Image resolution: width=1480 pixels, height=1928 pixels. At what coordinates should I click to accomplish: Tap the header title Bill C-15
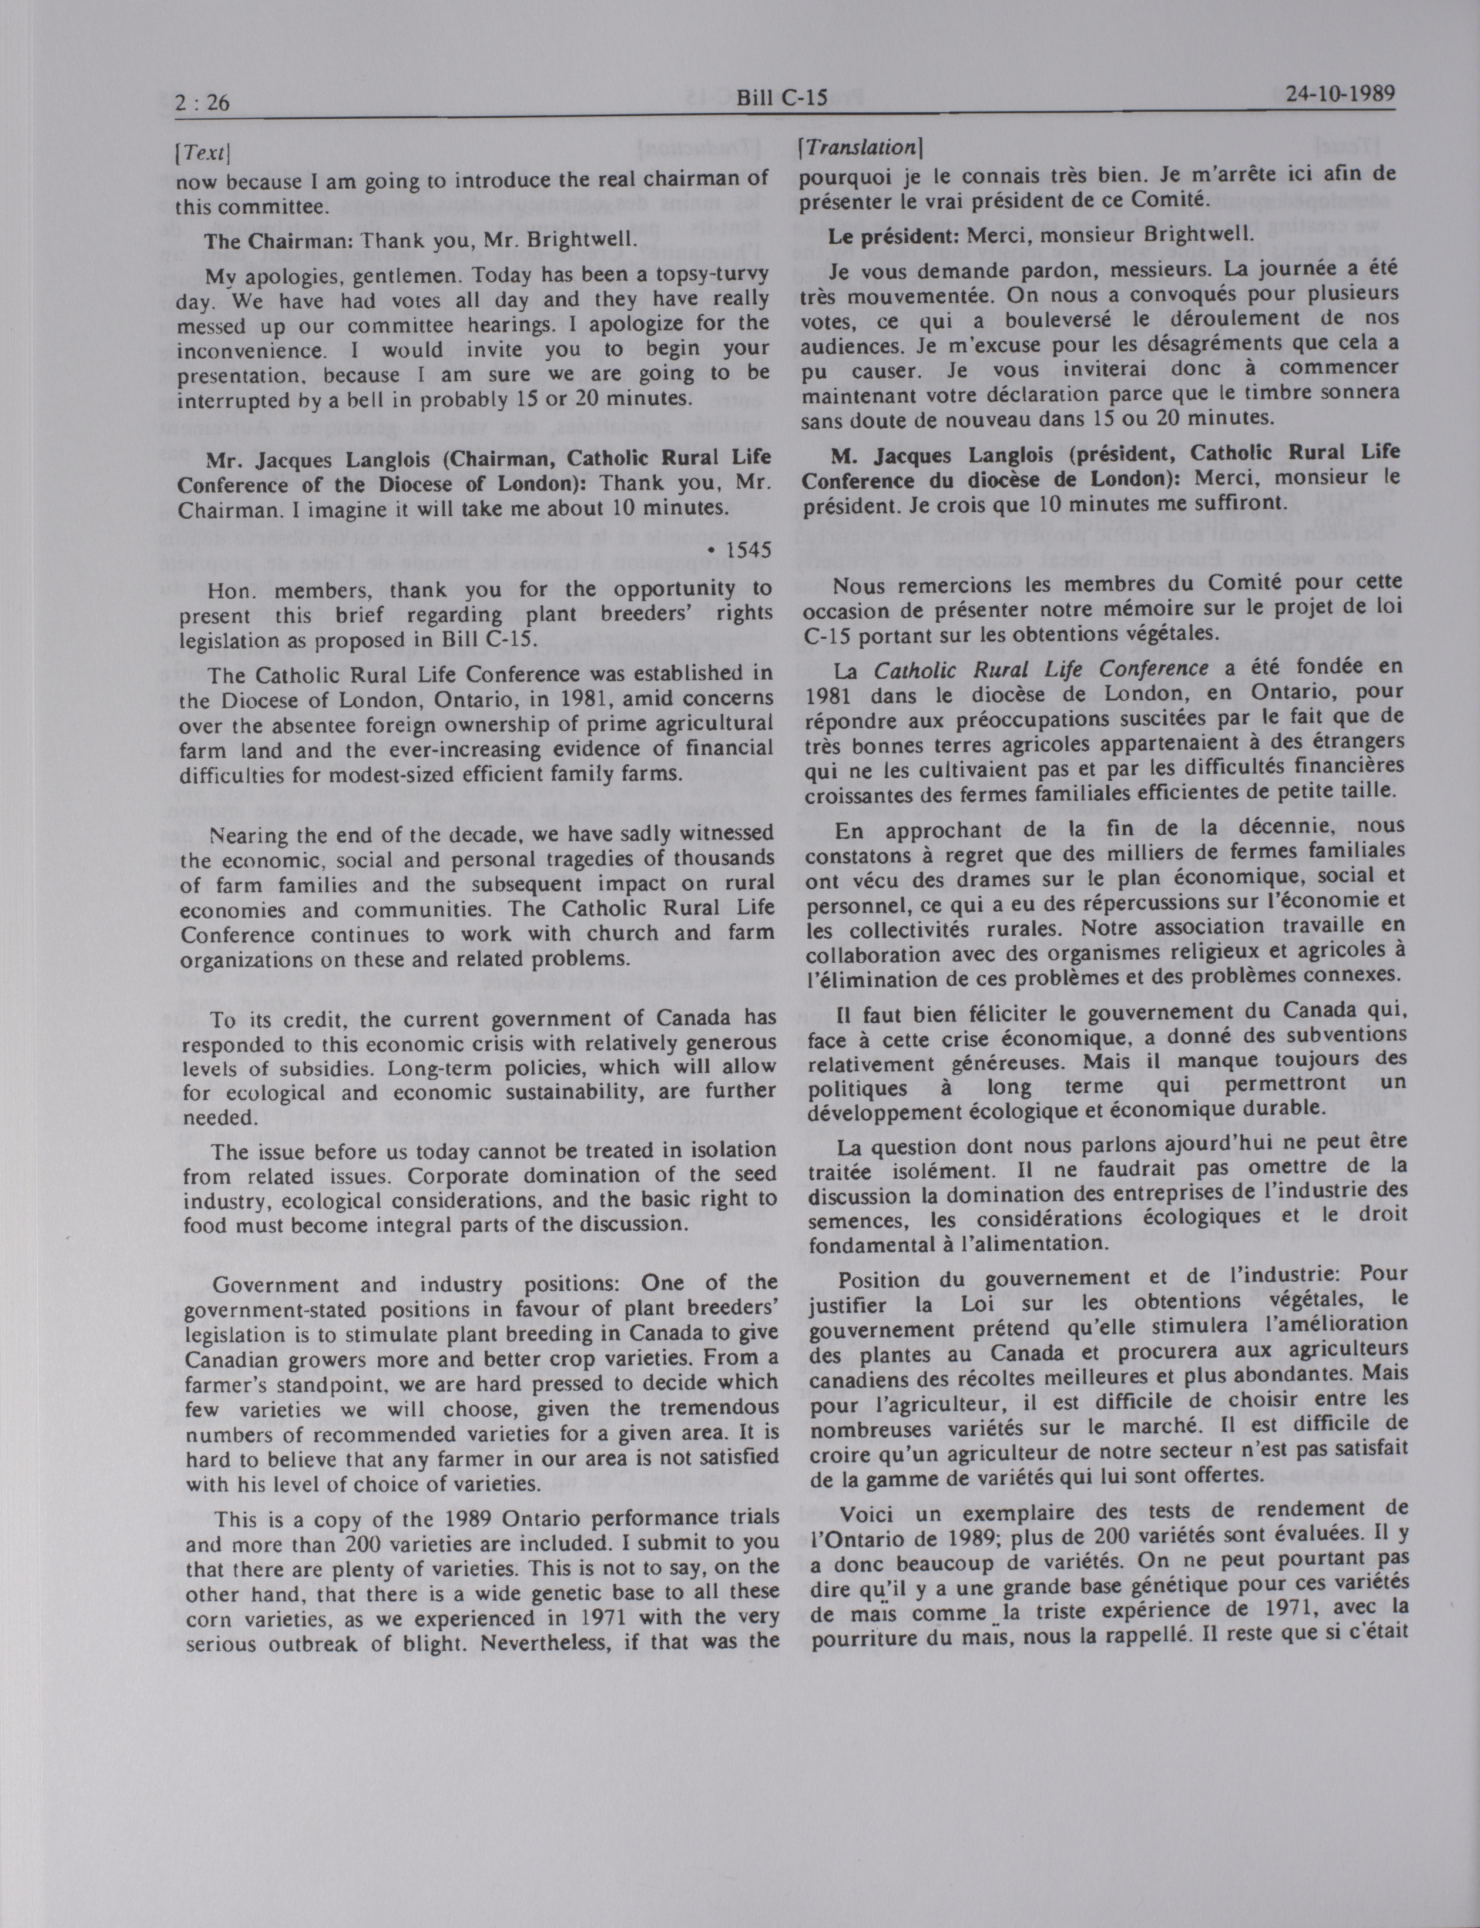(782, 97)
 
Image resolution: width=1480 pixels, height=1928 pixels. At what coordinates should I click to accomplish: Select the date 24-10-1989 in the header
(1340, 93)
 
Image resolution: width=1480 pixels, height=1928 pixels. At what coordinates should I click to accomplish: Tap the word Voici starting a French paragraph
(868, 1513)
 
